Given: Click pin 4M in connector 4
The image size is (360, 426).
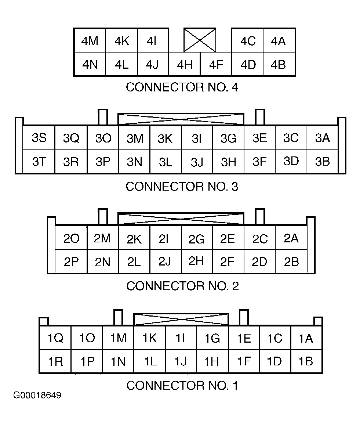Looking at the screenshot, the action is pyautogui.click(x=90, y=40).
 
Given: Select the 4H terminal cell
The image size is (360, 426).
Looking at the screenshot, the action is pyautogui.click(x=184, y=64).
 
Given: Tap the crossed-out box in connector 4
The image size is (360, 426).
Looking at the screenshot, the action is pyautogui.click(x=200, y=40).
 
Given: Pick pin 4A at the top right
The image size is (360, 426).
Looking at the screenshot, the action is pyautogui.click(x=279, y=40).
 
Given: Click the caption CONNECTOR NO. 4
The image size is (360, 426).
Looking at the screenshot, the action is pyautogui.click(x=182, y=87).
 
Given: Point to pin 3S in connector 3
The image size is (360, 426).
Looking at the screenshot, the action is pyautogui.click(x=39, y=138).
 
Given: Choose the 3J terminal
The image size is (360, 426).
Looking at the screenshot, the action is pyautogui.click(x=197, y=162).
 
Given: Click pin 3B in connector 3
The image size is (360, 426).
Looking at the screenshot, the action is pyautogui.click(x=322, y=162).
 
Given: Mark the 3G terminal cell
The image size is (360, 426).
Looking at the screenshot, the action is pyautogui.click(x=228, y=138).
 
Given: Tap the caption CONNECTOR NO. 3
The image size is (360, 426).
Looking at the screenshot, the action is pyautogui.click(x=182, y=187).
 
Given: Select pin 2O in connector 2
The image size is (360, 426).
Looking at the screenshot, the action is pyautogui.click(x=71, y=238).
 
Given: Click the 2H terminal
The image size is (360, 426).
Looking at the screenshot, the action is pyautogui.click(x=197, y=261).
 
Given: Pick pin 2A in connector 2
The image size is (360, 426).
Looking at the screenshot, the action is pyautogui.click(x=291, y=238).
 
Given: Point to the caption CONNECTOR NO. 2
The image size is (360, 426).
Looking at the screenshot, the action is pyautogui.click(x=182, y=286).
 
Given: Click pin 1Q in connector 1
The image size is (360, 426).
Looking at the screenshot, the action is pyautogui.click(x=55, y=338).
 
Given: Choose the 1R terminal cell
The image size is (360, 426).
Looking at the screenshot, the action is pyautogui.click(x=55, y=361).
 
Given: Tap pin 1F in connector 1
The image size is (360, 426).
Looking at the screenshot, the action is pyautogui.click(x=244, y=361).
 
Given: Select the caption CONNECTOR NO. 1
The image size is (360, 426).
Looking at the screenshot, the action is pyautogui.click(x=182, y=386).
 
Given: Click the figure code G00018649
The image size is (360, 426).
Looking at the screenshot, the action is pyautogui.click(x=37, y=395).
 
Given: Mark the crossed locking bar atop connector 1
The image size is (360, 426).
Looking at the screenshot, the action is pyautogui.click(x=181, y=319).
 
